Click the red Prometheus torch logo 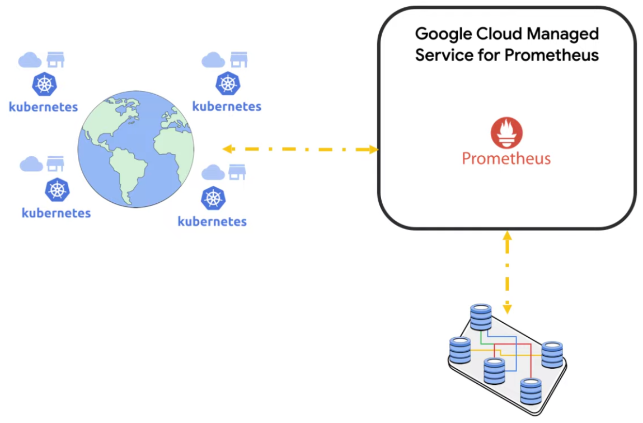click(x=506, y=133)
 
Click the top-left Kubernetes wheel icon click(x=44, y=84)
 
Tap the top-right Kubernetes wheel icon click(x=227, y=84)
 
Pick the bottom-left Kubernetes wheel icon click(x=57, y=190)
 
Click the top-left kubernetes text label click(x=43, y=106)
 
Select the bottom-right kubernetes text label click(x=212, y=221)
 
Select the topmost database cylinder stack click(x=481, y=317)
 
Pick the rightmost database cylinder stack click(x=552, y=354)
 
